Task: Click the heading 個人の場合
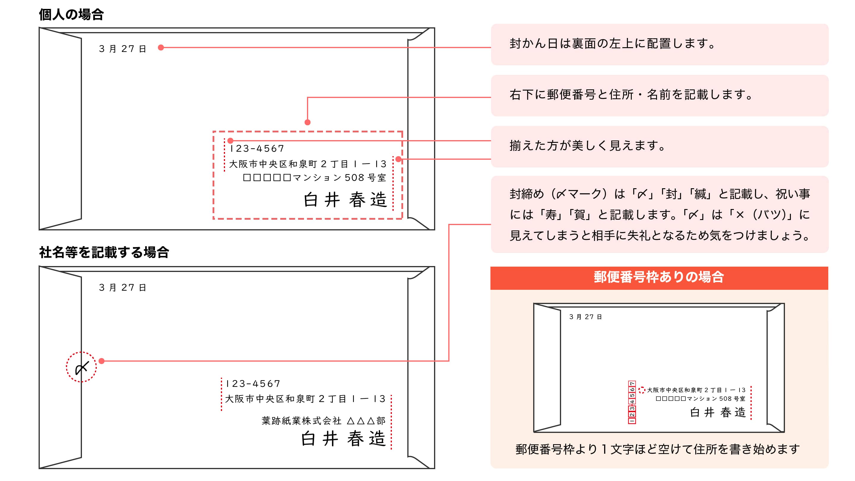[x=71, y=15]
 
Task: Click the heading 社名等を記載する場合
[x=104, y=252]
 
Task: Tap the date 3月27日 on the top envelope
[x=123, y=49]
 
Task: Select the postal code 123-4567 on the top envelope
[x=257, y=148]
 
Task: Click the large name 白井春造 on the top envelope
[x=345, y=200]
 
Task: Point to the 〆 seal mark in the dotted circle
[x=81, y=367]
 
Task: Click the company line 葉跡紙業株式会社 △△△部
[x=323, y=421]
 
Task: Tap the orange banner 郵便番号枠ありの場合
[x=659, y=278]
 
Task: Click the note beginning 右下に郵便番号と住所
[x=631, y=95]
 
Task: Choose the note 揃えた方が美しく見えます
[x=588, y=146]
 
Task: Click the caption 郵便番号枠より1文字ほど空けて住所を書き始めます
[x=657, y=449]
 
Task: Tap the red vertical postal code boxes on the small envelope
[x=632, y=402]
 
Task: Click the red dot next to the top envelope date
[x=161, y=48]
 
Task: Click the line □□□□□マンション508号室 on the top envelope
[x=315, y=178]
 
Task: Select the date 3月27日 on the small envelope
[x=585, y=317]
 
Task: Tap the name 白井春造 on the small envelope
[x=718, y=412]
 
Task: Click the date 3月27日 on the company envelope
[x=123, y=287]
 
